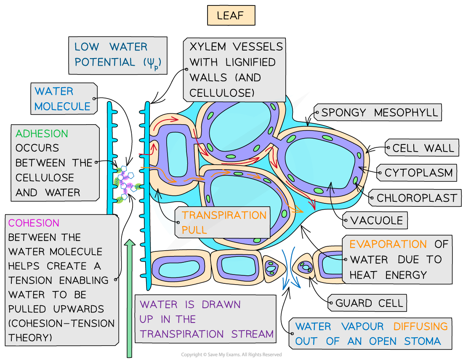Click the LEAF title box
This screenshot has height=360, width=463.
click(x=231, y=16)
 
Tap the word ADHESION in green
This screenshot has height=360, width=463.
click(x=42, y=134)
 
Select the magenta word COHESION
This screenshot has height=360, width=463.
click(x=34, y=223)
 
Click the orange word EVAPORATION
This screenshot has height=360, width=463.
click(x=382, y=244)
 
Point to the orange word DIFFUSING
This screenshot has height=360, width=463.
click(x=420, y=326)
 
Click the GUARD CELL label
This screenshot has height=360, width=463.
click(x=369, y=303)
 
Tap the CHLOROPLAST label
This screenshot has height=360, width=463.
click(x=417, y=198)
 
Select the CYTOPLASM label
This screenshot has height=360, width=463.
click(x=418, y=173)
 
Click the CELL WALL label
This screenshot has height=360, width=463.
click(x=423, y=148)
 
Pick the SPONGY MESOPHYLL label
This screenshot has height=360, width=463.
click(x=379, y=112)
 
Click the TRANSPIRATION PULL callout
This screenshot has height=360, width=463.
click(x=224, y=222)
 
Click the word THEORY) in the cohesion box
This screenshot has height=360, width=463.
click(x=30, y=338)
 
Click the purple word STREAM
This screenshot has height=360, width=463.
click(x=253, y=334)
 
